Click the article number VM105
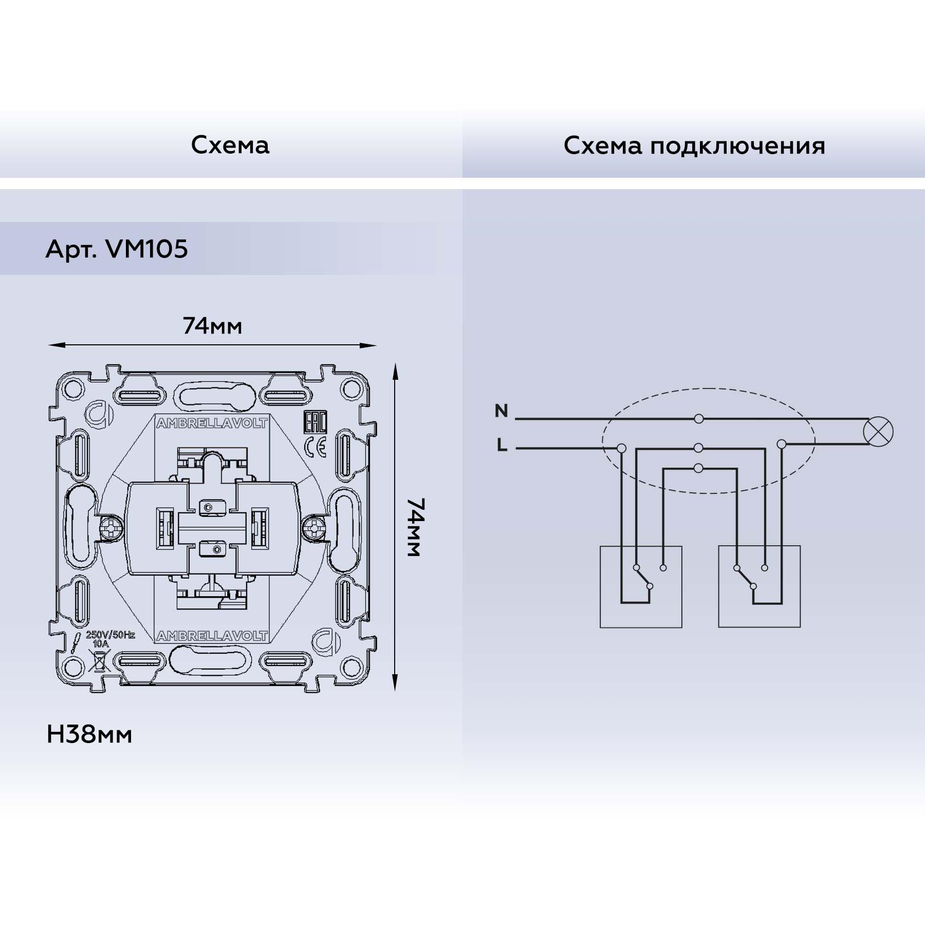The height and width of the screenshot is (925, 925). coord(146,250)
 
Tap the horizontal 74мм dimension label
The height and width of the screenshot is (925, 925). coord(212,326)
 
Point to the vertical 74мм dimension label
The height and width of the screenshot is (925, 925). coord(413,527)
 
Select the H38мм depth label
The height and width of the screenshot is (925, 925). coord(89,735)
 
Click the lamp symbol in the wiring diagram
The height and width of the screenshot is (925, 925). coord(879,432)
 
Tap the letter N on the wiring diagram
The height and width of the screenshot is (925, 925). coord(501,411)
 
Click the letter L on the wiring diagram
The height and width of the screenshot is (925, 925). coord(502,446)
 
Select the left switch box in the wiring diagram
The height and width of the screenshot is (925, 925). coord(641,586)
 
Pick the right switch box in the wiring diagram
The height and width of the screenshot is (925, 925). coord(759,586)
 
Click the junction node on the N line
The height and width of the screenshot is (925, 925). coord(698,419)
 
